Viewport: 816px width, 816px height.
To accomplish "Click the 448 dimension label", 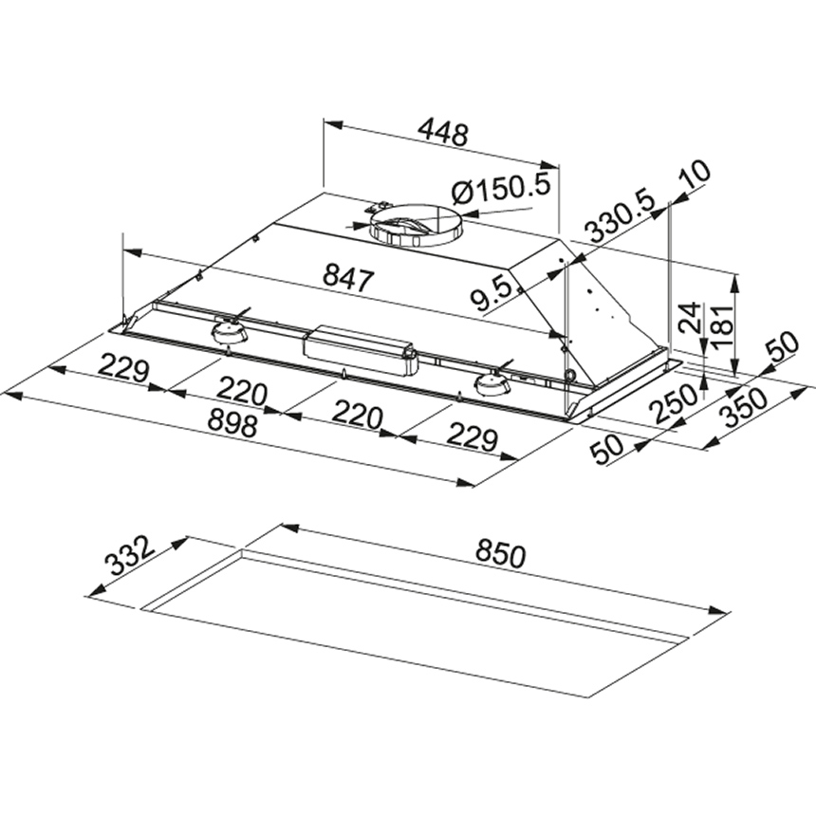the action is point(443,133).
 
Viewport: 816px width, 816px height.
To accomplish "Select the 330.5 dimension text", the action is point(619,218).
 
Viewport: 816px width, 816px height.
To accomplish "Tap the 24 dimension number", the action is point(691,318).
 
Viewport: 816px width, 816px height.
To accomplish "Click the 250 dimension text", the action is point(675,402).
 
